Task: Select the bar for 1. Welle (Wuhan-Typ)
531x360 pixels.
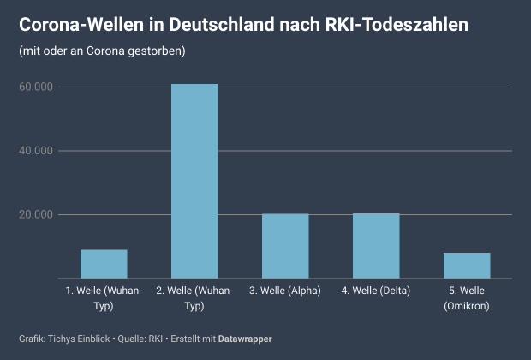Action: point(104,264)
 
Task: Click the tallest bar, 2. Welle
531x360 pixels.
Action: point(194,181)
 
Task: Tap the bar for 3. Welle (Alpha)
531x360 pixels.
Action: point(285,246)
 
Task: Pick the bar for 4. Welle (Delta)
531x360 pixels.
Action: point(376,246)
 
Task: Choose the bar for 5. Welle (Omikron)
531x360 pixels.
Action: point(467,266)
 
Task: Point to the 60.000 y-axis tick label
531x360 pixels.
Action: point(36,87)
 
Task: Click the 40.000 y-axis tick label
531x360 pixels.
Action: point(36,151)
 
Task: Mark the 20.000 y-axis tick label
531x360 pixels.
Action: point(36,214)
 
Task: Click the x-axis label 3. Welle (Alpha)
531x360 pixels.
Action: point(285,291)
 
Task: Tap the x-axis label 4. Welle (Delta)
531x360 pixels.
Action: point(376,291)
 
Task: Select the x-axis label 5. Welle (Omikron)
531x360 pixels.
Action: point(467,298)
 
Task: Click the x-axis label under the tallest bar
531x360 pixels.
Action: point(194,298)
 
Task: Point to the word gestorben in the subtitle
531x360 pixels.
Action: point(159,51)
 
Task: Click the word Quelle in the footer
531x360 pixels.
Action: point(133,339)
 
